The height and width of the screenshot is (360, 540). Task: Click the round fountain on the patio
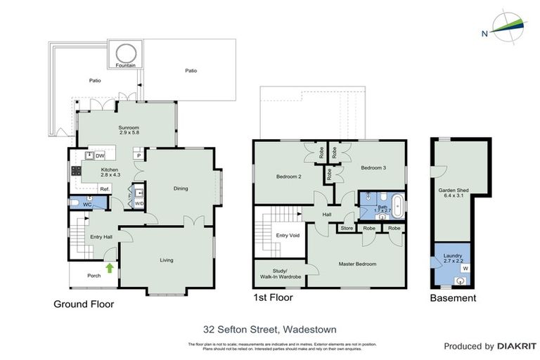(126, 53)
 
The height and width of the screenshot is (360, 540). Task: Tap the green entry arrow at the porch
(110, 267)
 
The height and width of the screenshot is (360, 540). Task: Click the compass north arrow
(508, 26)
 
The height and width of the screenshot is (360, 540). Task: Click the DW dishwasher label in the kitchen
(101, 155)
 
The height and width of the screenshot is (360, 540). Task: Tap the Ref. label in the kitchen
(104, 189)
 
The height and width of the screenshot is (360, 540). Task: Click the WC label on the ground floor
(88, 205)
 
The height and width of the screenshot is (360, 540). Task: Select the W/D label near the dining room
(139, 205)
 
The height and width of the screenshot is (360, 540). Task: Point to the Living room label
(166, 260)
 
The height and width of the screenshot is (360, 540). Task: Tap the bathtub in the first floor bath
(397, 205)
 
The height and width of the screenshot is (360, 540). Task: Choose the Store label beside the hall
(347, 228)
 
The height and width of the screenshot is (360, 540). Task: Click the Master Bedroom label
(357, 264)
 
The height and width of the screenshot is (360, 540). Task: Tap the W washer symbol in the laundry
(464, 268)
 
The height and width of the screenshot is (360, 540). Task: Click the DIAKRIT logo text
(517, 347)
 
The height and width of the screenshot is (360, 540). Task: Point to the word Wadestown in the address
(312, 328)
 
